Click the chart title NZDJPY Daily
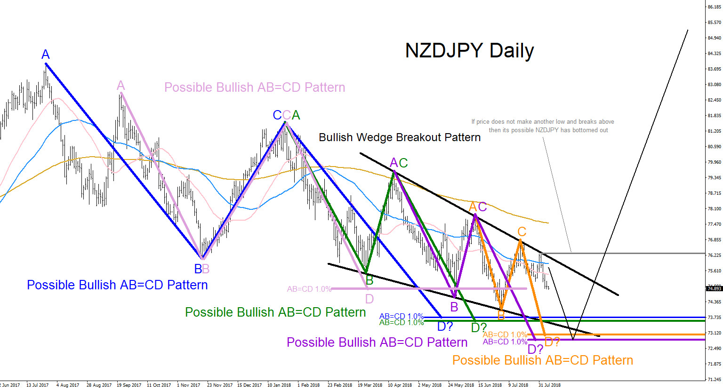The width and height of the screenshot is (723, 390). coord(469,51)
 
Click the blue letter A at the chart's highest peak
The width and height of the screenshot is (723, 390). coord(45,55)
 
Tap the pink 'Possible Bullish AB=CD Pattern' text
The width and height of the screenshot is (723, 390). coord(255,88)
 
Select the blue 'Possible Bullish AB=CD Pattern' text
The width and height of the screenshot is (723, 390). coord(117,285)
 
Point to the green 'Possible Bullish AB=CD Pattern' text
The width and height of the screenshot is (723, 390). coord(275,312)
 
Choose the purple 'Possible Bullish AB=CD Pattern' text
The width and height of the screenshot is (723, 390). coord(377,342)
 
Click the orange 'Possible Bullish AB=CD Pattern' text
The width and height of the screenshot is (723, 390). coord(543,360)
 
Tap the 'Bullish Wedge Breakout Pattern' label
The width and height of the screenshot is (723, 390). coord(400,137)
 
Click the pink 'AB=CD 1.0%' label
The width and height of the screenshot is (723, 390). coord(309,289)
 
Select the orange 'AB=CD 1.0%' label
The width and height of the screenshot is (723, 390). coord(505,335)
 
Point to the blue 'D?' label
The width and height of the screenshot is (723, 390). coord(445,326)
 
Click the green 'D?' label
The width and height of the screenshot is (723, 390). coord(479,327)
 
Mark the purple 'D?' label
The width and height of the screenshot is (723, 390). coord(535,350)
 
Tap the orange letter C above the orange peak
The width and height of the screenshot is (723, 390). coord(522,231)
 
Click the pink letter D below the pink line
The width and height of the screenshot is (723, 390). coord(369,299)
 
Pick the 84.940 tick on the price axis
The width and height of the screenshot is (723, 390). coord(714,38)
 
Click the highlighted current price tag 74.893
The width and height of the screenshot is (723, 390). coord(714,288)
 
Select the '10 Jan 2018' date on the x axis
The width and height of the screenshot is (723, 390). coord(279,385)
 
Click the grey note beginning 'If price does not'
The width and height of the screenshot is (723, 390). coord(543,126)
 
